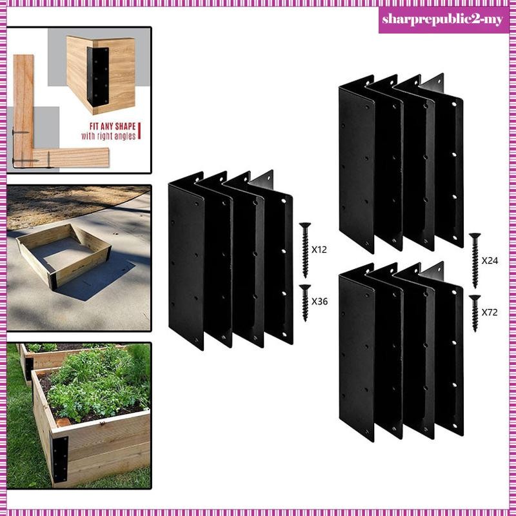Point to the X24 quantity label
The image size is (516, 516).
(x=490, y=261)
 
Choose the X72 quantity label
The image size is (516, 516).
(x=490, y=311)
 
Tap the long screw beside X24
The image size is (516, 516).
(x=475, y=261)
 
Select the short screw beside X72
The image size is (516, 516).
(x=475, y=312)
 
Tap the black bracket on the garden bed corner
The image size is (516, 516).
(x=60, y=456)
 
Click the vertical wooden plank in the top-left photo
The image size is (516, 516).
(x=24, y=103)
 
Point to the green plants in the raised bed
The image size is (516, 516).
(x=97, y=387)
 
